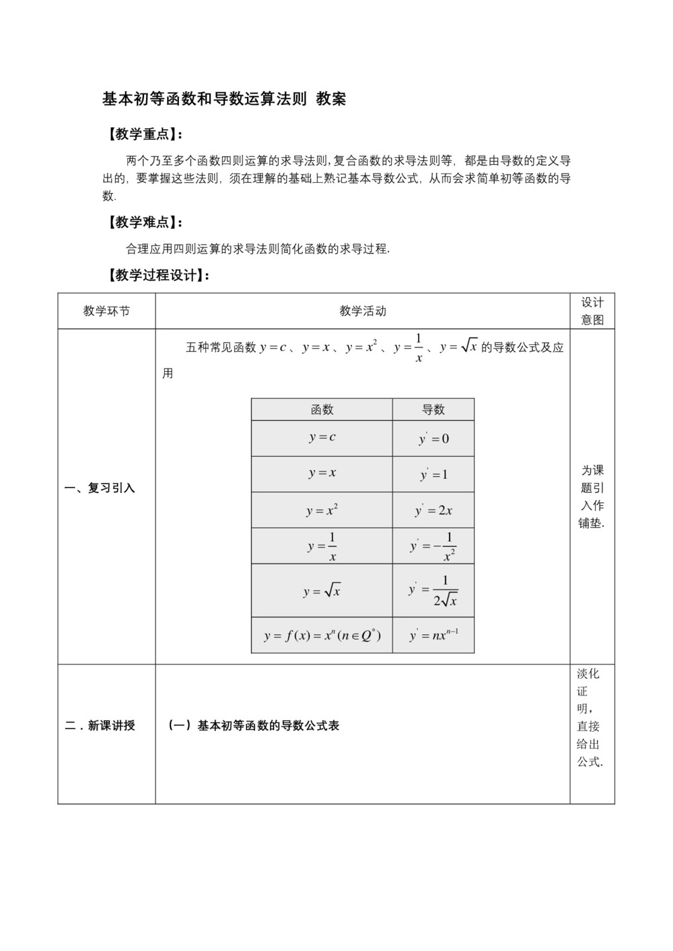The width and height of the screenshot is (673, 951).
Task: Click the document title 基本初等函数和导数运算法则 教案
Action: click(224, 99)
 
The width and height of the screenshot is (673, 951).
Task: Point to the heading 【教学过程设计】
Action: click(155, 275)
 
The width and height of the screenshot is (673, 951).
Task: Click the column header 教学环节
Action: click(106, 311)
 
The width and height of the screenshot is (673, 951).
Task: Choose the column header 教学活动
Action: click(363, 311)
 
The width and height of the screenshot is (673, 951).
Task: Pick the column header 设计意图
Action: click(592, 311)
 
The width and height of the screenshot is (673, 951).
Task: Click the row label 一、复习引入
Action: click(100, 488)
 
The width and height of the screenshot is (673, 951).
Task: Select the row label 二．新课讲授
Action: click(100, 726)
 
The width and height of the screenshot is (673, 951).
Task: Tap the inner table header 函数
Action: click(322, 410)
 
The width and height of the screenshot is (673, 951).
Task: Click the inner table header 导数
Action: click(433, 410)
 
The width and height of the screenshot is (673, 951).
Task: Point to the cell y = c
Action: click(322, 437)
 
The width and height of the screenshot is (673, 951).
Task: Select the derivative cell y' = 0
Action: click(433, 439)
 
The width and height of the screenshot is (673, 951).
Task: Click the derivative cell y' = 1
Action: click(433, 475)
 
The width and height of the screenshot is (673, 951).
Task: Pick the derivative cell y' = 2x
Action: click(433, 510)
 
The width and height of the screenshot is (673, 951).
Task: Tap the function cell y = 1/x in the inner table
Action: click(322, 546)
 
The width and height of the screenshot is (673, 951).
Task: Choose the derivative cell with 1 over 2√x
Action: click(433, 591)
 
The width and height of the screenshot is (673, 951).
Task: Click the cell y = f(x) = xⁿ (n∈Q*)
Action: click(322, 635)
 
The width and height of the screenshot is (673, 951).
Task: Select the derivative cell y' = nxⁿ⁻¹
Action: click(433, 635)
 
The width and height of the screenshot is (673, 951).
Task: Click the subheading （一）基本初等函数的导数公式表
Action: click(254, 726)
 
